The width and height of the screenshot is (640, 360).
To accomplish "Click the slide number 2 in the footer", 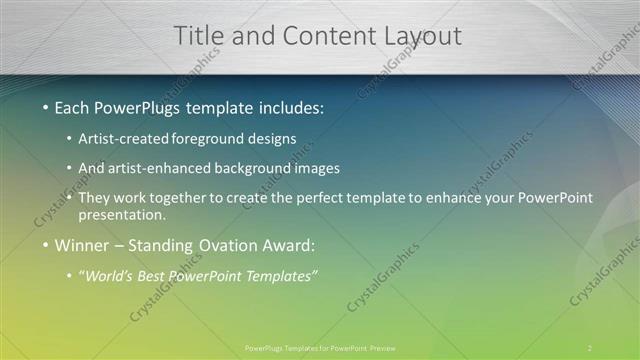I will coord(589,348).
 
